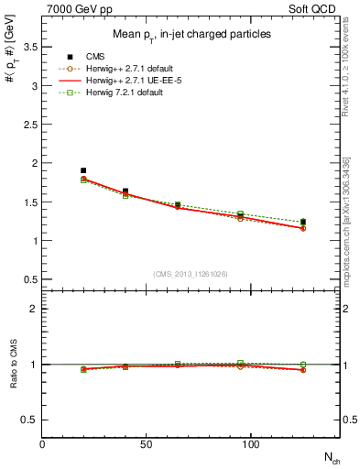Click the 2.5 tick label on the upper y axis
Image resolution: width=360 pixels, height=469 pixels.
(x=29, y=125)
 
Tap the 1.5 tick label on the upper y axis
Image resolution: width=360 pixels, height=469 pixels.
(x=29, y=202)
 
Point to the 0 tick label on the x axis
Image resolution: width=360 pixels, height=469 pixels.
(x=42, y=443)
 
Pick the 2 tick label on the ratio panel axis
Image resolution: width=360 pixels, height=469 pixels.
(x=33, y=309)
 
